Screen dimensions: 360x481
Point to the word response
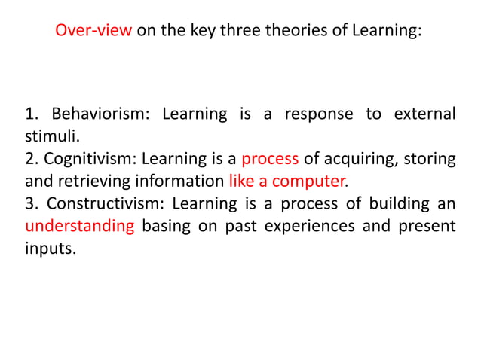pyautogui.click(x=319, y=114)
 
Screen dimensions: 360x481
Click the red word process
pyautogui.click(x=271, y=159)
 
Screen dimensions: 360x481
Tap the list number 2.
pyautogui.click(x=30, y=159)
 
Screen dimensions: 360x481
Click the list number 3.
pyautogui.click(x=30, y=203)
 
